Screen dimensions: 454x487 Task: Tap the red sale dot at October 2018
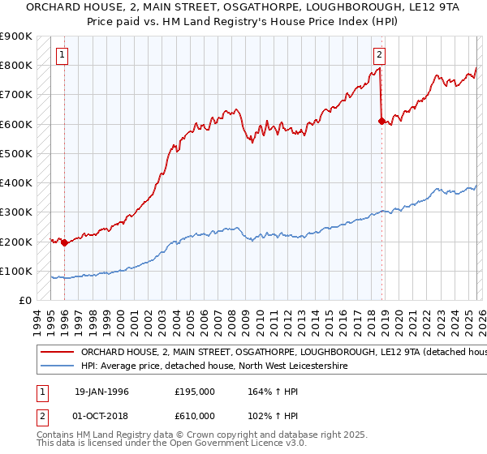[381, 121]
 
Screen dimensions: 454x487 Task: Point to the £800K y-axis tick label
[16, 66]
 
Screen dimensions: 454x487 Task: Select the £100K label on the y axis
[16, 272]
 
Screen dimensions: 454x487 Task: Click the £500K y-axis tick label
[16, 154]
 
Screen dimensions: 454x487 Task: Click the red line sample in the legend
[57, 353]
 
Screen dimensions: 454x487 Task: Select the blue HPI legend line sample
[57, 366]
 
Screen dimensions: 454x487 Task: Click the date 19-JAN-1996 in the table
[101, 392]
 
